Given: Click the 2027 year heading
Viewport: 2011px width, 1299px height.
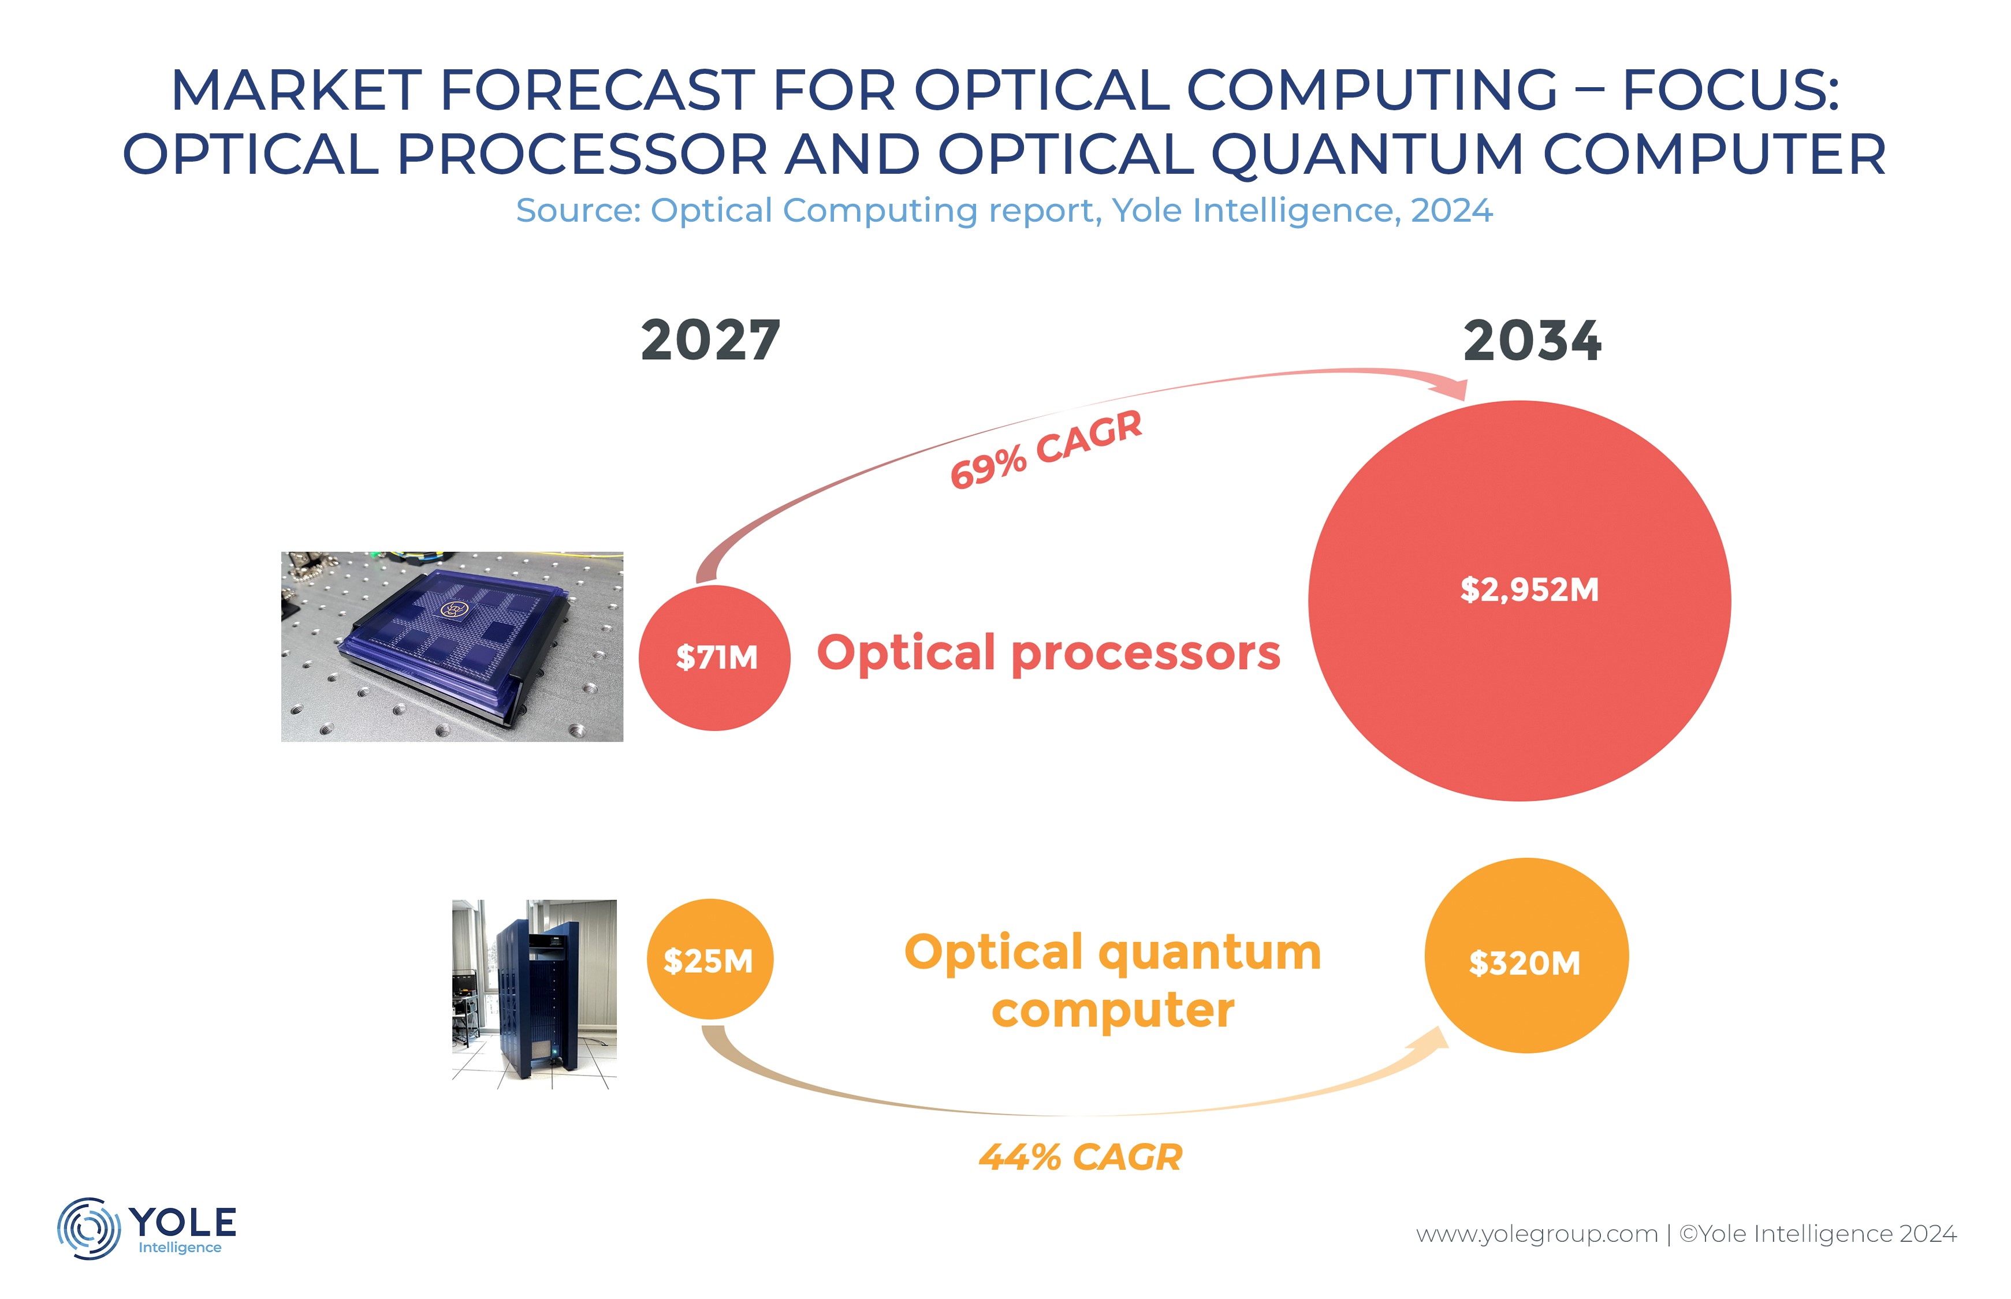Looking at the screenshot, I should point(710,341).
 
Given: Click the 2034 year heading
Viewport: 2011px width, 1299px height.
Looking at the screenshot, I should point(1531,341).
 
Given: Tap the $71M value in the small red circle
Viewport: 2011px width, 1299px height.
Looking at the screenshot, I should point(716,657).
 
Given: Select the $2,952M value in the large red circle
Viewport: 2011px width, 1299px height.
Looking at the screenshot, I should point(1529,589).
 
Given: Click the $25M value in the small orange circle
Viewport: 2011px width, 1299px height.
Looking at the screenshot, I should point(707,961).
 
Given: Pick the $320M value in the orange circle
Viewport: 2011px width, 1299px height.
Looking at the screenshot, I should point(1524,962).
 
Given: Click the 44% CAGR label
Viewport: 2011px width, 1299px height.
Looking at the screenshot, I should point(1080,1156).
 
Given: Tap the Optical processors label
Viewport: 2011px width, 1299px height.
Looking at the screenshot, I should point(1048,654).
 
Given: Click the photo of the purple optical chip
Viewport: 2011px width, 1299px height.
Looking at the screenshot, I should point(452,647).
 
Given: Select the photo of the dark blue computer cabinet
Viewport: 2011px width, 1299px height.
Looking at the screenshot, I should point(534,994).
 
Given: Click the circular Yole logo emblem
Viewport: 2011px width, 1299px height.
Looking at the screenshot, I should point(88,1228).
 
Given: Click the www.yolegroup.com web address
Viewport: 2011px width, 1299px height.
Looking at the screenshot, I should point(1536,1234).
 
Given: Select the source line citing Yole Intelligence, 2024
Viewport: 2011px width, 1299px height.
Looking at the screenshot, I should point(1004,210).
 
